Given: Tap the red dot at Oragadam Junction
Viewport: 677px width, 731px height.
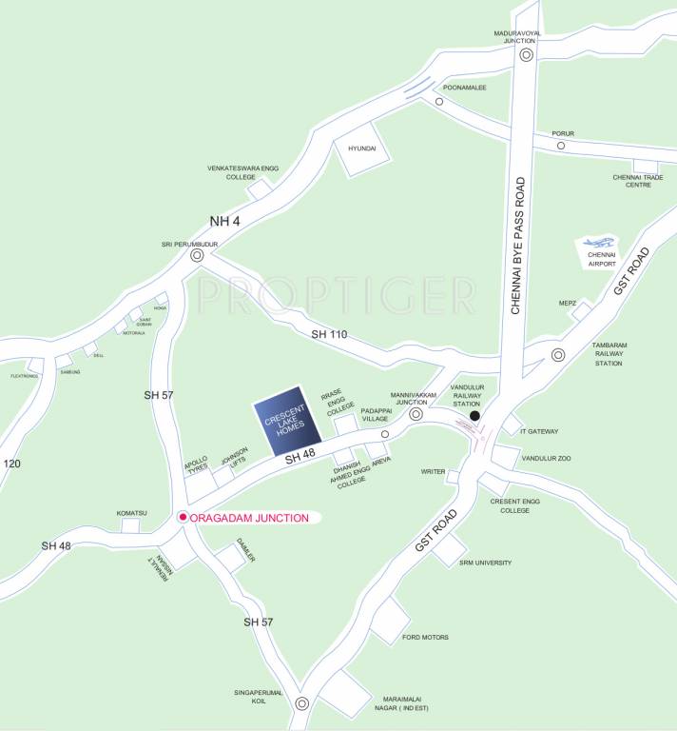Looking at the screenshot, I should coord(183,518).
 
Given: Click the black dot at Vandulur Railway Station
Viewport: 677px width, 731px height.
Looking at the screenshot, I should coord(475,416).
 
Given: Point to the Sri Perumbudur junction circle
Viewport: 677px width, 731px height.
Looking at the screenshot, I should coord(197,255).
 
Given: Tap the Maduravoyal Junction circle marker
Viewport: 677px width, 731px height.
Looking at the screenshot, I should coord(526,55).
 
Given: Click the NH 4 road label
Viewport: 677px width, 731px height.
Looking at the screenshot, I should coord(226,222).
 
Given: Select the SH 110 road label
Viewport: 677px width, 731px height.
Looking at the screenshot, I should coord(330,335).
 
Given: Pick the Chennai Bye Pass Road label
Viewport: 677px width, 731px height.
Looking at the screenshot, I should coord(519,246).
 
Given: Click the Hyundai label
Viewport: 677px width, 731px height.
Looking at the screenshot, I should coord(362,149).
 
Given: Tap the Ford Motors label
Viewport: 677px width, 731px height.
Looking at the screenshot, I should coord(425,637).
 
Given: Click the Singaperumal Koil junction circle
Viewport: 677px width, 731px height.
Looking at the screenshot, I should coord(302,704).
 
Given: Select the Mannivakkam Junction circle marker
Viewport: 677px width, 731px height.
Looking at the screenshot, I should coord(416,414).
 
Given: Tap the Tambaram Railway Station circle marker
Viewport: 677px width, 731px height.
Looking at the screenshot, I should coord(558,354).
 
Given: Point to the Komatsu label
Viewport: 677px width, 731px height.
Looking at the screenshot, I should coord(132,513).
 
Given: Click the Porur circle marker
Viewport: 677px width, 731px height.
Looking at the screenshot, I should coord(561,146).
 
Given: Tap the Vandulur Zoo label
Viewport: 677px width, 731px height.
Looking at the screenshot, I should coord(546,458).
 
